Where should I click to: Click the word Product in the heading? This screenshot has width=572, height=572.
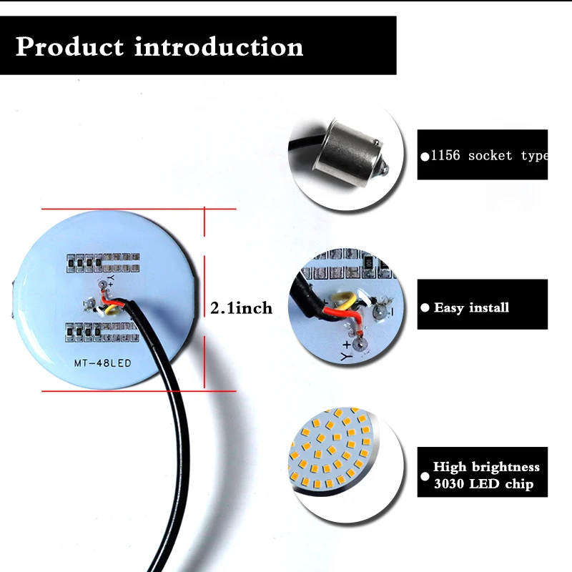pos(69,47)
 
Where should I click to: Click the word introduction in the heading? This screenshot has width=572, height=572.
pos(219,47)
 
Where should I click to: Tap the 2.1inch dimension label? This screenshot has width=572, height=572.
pos(241,308)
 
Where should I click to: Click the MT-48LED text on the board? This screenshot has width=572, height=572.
pos(103,363)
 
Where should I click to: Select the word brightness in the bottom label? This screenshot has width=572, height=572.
pos(506,467)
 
